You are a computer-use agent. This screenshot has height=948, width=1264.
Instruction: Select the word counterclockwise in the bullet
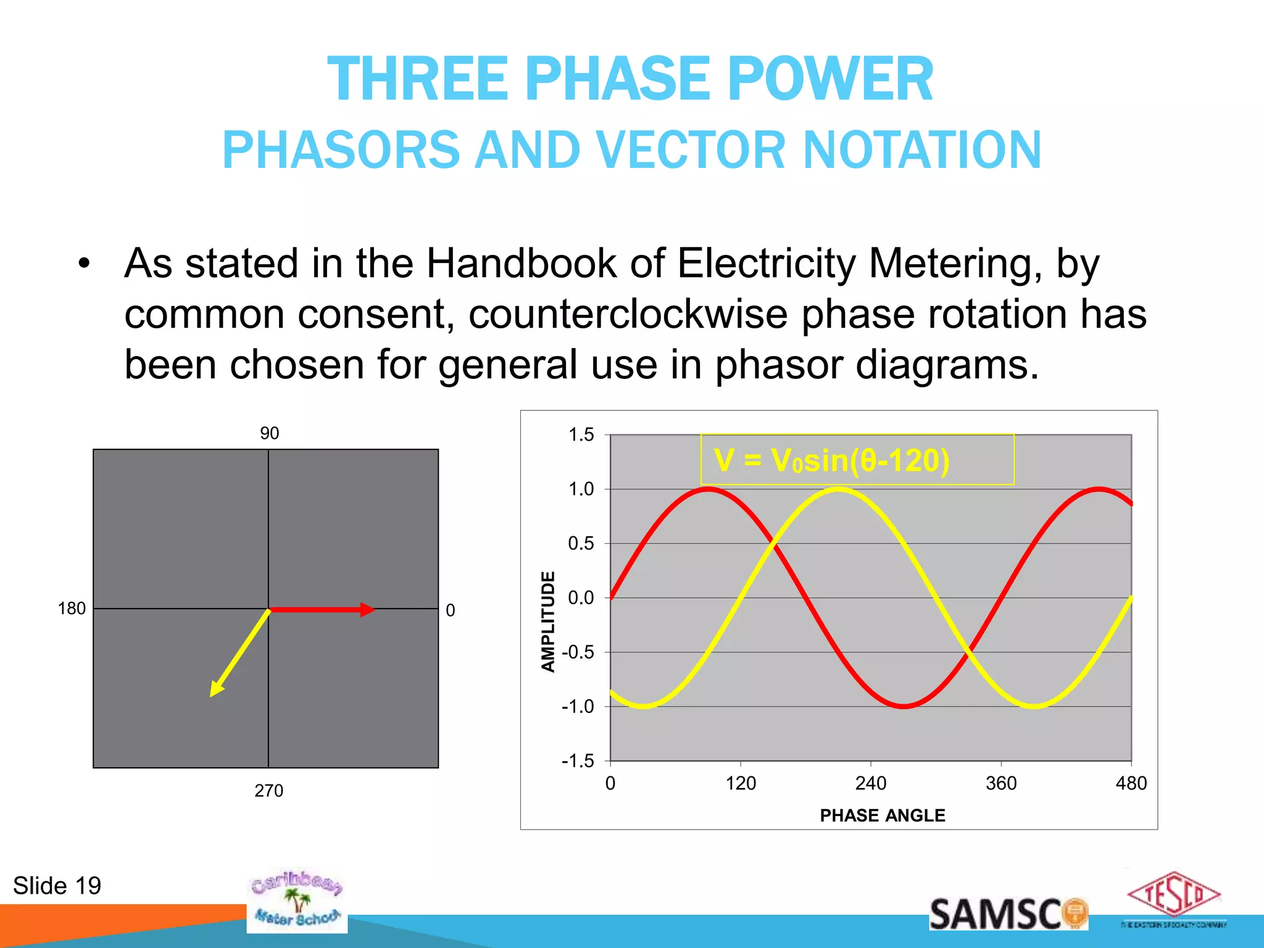[628, 314]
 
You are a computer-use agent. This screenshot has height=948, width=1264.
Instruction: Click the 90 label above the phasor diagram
[269, 433]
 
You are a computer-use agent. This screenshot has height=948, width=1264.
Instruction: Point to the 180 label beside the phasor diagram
[72, 609]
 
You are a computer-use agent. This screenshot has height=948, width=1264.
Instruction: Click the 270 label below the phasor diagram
[268, 791]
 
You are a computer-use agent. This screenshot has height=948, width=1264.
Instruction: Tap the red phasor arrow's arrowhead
[367, 610]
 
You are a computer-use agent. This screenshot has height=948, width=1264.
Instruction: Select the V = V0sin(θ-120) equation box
[857, 460]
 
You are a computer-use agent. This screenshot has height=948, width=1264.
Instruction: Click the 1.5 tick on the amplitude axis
[581, 435]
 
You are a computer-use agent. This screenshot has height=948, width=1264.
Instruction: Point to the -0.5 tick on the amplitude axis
[578, 652]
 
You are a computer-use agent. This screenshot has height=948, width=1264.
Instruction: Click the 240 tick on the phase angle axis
[870, 783]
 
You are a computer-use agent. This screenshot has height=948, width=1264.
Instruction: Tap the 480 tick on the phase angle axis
[1131, 783]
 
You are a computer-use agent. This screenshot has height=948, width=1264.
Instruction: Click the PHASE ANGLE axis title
[882, 815]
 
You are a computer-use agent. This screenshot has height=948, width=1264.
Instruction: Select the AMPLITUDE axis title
[548, 621]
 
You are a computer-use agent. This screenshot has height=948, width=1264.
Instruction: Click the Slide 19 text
[57, 886]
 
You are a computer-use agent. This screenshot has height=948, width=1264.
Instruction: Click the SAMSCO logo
[1007, 914]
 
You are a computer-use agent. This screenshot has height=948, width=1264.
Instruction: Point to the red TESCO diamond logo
[1173, 895]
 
